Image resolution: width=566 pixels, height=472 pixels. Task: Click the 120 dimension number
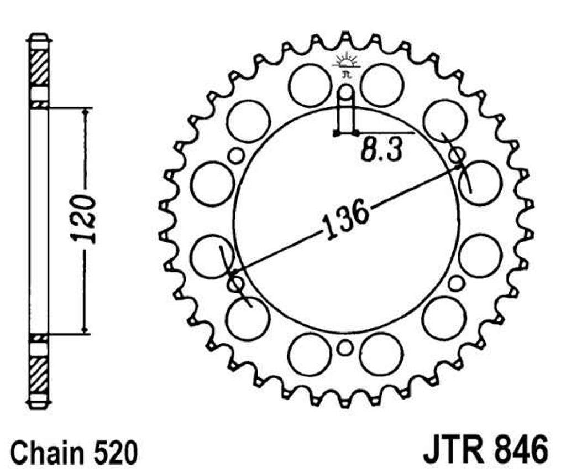[x=85, y=219]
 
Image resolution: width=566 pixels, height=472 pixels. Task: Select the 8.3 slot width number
[x=381, y=150]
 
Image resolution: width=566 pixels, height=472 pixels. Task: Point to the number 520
[x=115, y=452]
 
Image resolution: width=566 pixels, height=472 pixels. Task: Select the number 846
[x=523, y=450]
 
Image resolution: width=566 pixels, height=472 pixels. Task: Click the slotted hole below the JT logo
[x=346, y=108]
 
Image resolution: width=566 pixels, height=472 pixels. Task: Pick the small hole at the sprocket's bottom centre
[x=345, y=348]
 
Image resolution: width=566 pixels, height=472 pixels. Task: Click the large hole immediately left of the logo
[x=310, y=85]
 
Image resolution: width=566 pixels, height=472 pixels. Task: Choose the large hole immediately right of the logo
[x=381, y=85]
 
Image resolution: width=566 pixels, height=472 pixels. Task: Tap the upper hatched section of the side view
[x=39, y=68]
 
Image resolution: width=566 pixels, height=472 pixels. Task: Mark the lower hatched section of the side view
[x=39, y=375]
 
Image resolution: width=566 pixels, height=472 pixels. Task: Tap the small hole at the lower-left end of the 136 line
[x=235, y=283]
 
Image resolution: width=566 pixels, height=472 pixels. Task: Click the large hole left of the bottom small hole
[x=310, y=355]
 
